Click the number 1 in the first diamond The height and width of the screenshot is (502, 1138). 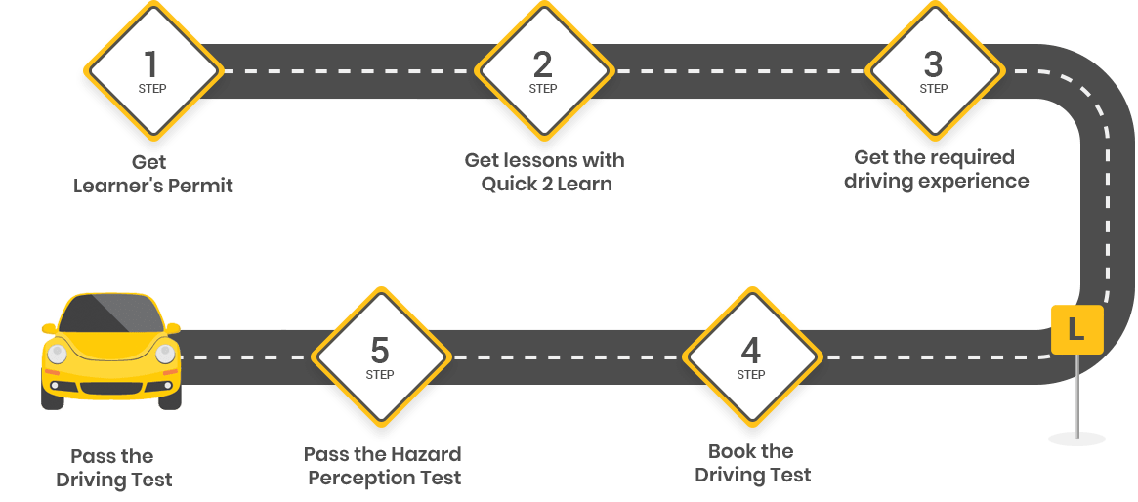150,64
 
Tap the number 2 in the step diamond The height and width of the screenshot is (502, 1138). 542,64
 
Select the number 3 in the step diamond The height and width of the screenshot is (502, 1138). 933,64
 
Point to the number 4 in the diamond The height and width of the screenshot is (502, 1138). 750,350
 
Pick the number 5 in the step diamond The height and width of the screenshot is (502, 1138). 379,350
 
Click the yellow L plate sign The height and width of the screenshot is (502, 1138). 1075,329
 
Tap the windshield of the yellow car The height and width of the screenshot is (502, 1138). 109,314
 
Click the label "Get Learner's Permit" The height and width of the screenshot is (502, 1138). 153,174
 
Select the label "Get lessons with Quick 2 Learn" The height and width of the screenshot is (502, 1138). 544,172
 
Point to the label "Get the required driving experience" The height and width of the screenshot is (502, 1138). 935,169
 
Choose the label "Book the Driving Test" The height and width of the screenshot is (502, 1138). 752,463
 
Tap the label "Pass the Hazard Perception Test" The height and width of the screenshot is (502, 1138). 382,466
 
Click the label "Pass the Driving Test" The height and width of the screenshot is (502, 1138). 113,468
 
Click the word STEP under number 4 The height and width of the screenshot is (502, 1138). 750,374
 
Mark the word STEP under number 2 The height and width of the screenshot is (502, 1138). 542,89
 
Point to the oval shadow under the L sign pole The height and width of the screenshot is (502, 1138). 1075,439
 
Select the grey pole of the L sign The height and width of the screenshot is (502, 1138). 1075,391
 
